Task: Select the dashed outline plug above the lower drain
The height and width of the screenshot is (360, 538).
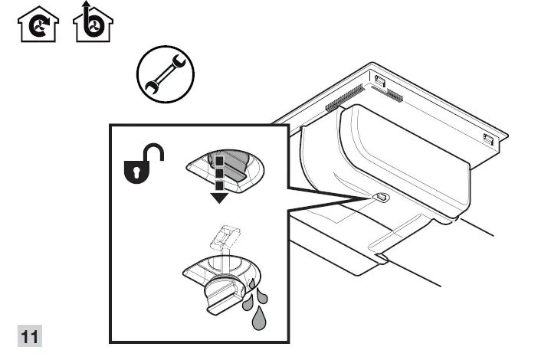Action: (223, 237)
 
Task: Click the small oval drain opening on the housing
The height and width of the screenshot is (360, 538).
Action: (381, 198)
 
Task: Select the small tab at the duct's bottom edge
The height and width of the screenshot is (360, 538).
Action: (379, 260)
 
